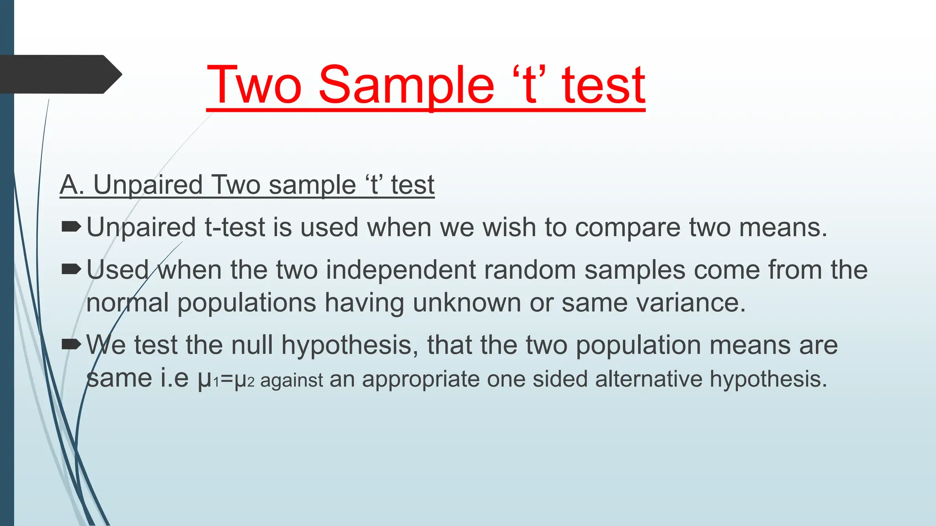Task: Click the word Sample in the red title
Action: coord(406,85)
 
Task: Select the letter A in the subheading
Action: coord(69,185)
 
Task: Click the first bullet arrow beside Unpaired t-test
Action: coord(71,226)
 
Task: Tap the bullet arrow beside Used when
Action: coord(71,269)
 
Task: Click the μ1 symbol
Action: coord(208,379)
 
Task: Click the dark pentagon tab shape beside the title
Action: coord(59,74)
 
